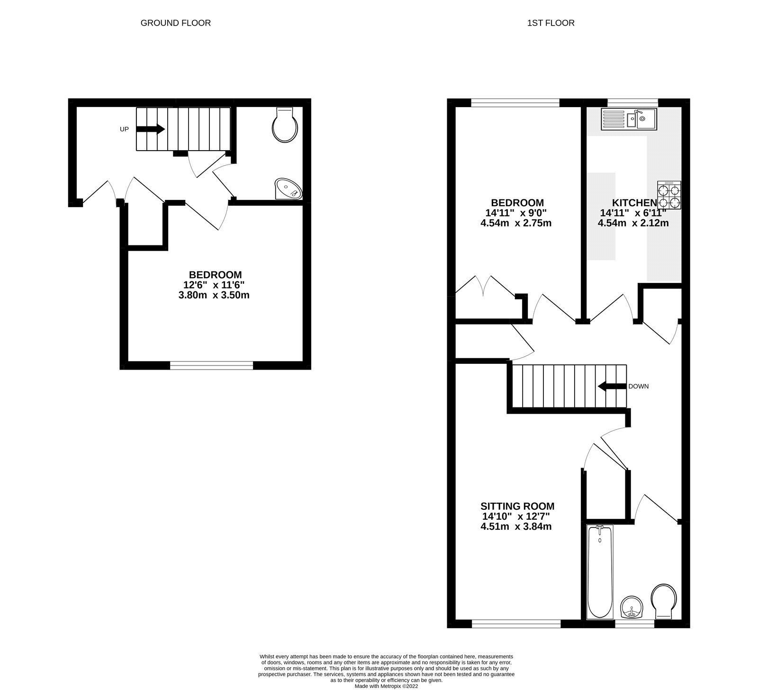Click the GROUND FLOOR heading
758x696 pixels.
(x=175, y=23)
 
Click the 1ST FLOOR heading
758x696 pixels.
(x=550, y=23)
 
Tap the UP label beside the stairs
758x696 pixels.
(x=124, y=129)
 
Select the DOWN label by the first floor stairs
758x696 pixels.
(x=638, y=386)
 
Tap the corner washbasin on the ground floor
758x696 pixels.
(x=288, y=189)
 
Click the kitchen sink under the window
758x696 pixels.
(x=628, y=119)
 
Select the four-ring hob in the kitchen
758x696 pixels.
(x=669, y=195)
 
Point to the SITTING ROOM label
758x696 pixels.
(x=517, y=506)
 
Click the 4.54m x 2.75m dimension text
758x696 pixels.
(x=516, y=223)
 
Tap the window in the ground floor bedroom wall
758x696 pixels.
(x=212, y=365)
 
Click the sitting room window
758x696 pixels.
(x=516, y=624)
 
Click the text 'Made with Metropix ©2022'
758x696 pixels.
(x=386, y=686)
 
